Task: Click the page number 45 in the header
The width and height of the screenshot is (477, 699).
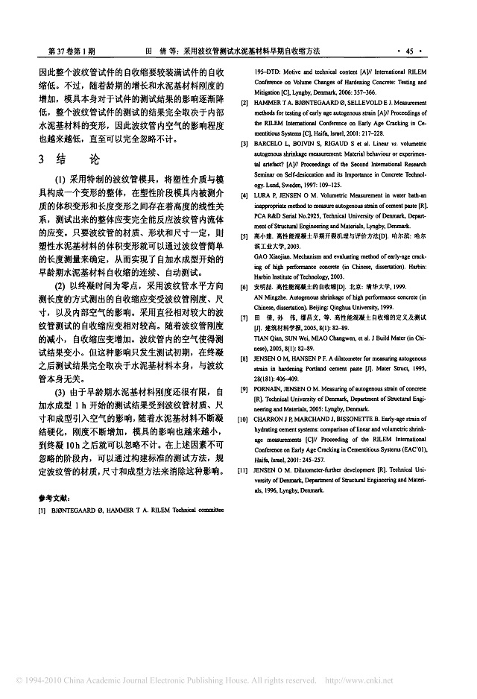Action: [x=408, y=51]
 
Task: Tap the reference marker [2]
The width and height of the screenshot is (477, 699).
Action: [x=244, y=101]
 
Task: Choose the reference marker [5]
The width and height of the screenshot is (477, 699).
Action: [x=244, y=235]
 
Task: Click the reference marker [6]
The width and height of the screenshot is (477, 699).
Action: [x=244, y=287]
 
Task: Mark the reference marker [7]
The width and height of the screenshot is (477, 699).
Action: [x=244, y=317]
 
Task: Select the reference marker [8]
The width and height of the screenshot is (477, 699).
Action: [x=244, y=358]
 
